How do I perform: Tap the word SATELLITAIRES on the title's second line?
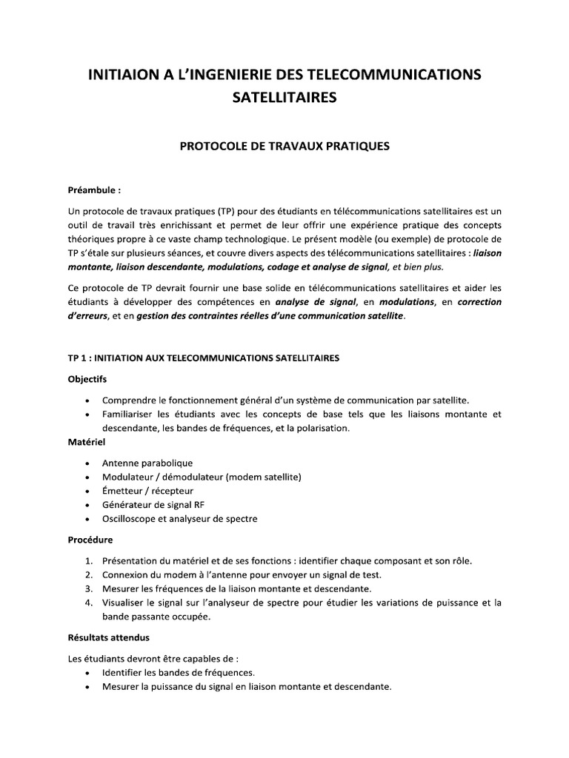(284, 98)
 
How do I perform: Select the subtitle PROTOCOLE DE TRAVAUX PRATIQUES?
(284, 147)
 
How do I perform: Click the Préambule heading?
(93, 190)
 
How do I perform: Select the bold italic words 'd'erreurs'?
(89, 316)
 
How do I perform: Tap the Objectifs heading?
(87, 379)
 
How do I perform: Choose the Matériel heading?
(87, 442)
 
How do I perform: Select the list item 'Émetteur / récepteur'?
(147, 491)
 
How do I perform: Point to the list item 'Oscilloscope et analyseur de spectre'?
(180, 519)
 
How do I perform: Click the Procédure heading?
(90, 540)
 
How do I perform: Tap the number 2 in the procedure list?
(87, 574)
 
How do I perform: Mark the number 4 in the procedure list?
(87, 603)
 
